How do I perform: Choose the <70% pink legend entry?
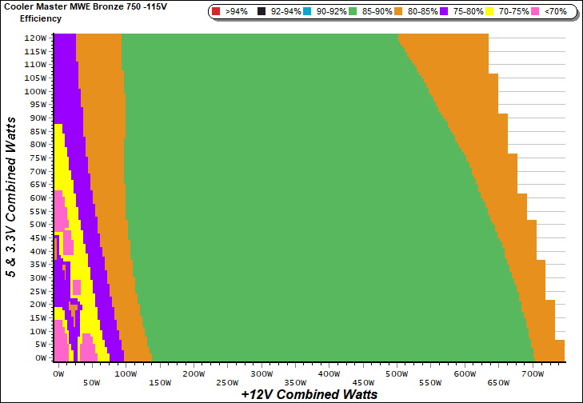pos(550,12)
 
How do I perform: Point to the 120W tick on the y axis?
pos(35,38)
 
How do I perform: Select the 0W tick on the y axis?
pos(40,357)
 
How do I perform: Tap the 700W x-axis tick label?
pos(532,373)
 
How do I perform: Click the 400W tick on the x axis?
pos(329,373)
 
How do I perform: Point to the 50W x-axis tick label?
pos(91,383)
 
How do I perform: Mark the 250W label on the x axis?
pos(227,383)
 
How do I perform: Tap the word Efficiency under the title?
pos(40,18)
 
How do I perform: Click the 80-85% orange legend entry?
pos(417,12)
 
